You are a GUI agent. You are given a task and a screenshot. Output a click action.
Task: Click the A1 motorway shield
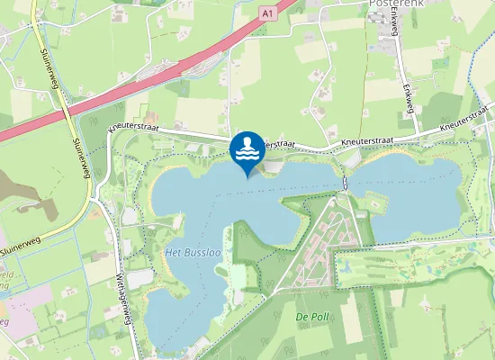(x=267, y=13)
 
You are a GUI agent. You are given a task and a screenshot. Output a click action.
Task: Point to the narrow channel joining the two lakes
(x=346, y=184)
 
